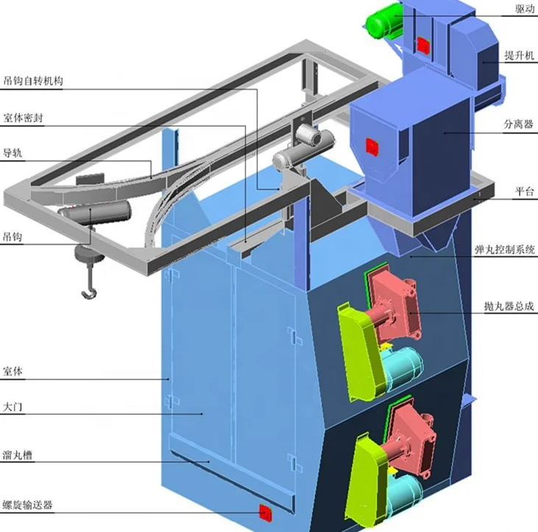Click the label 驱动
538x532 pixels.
point(525,10)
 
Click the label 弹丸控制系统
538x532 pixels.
point(505,251)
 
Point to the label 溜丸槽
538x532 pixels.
point(17,456)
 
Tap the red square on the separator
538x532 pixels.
point(372,145)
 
